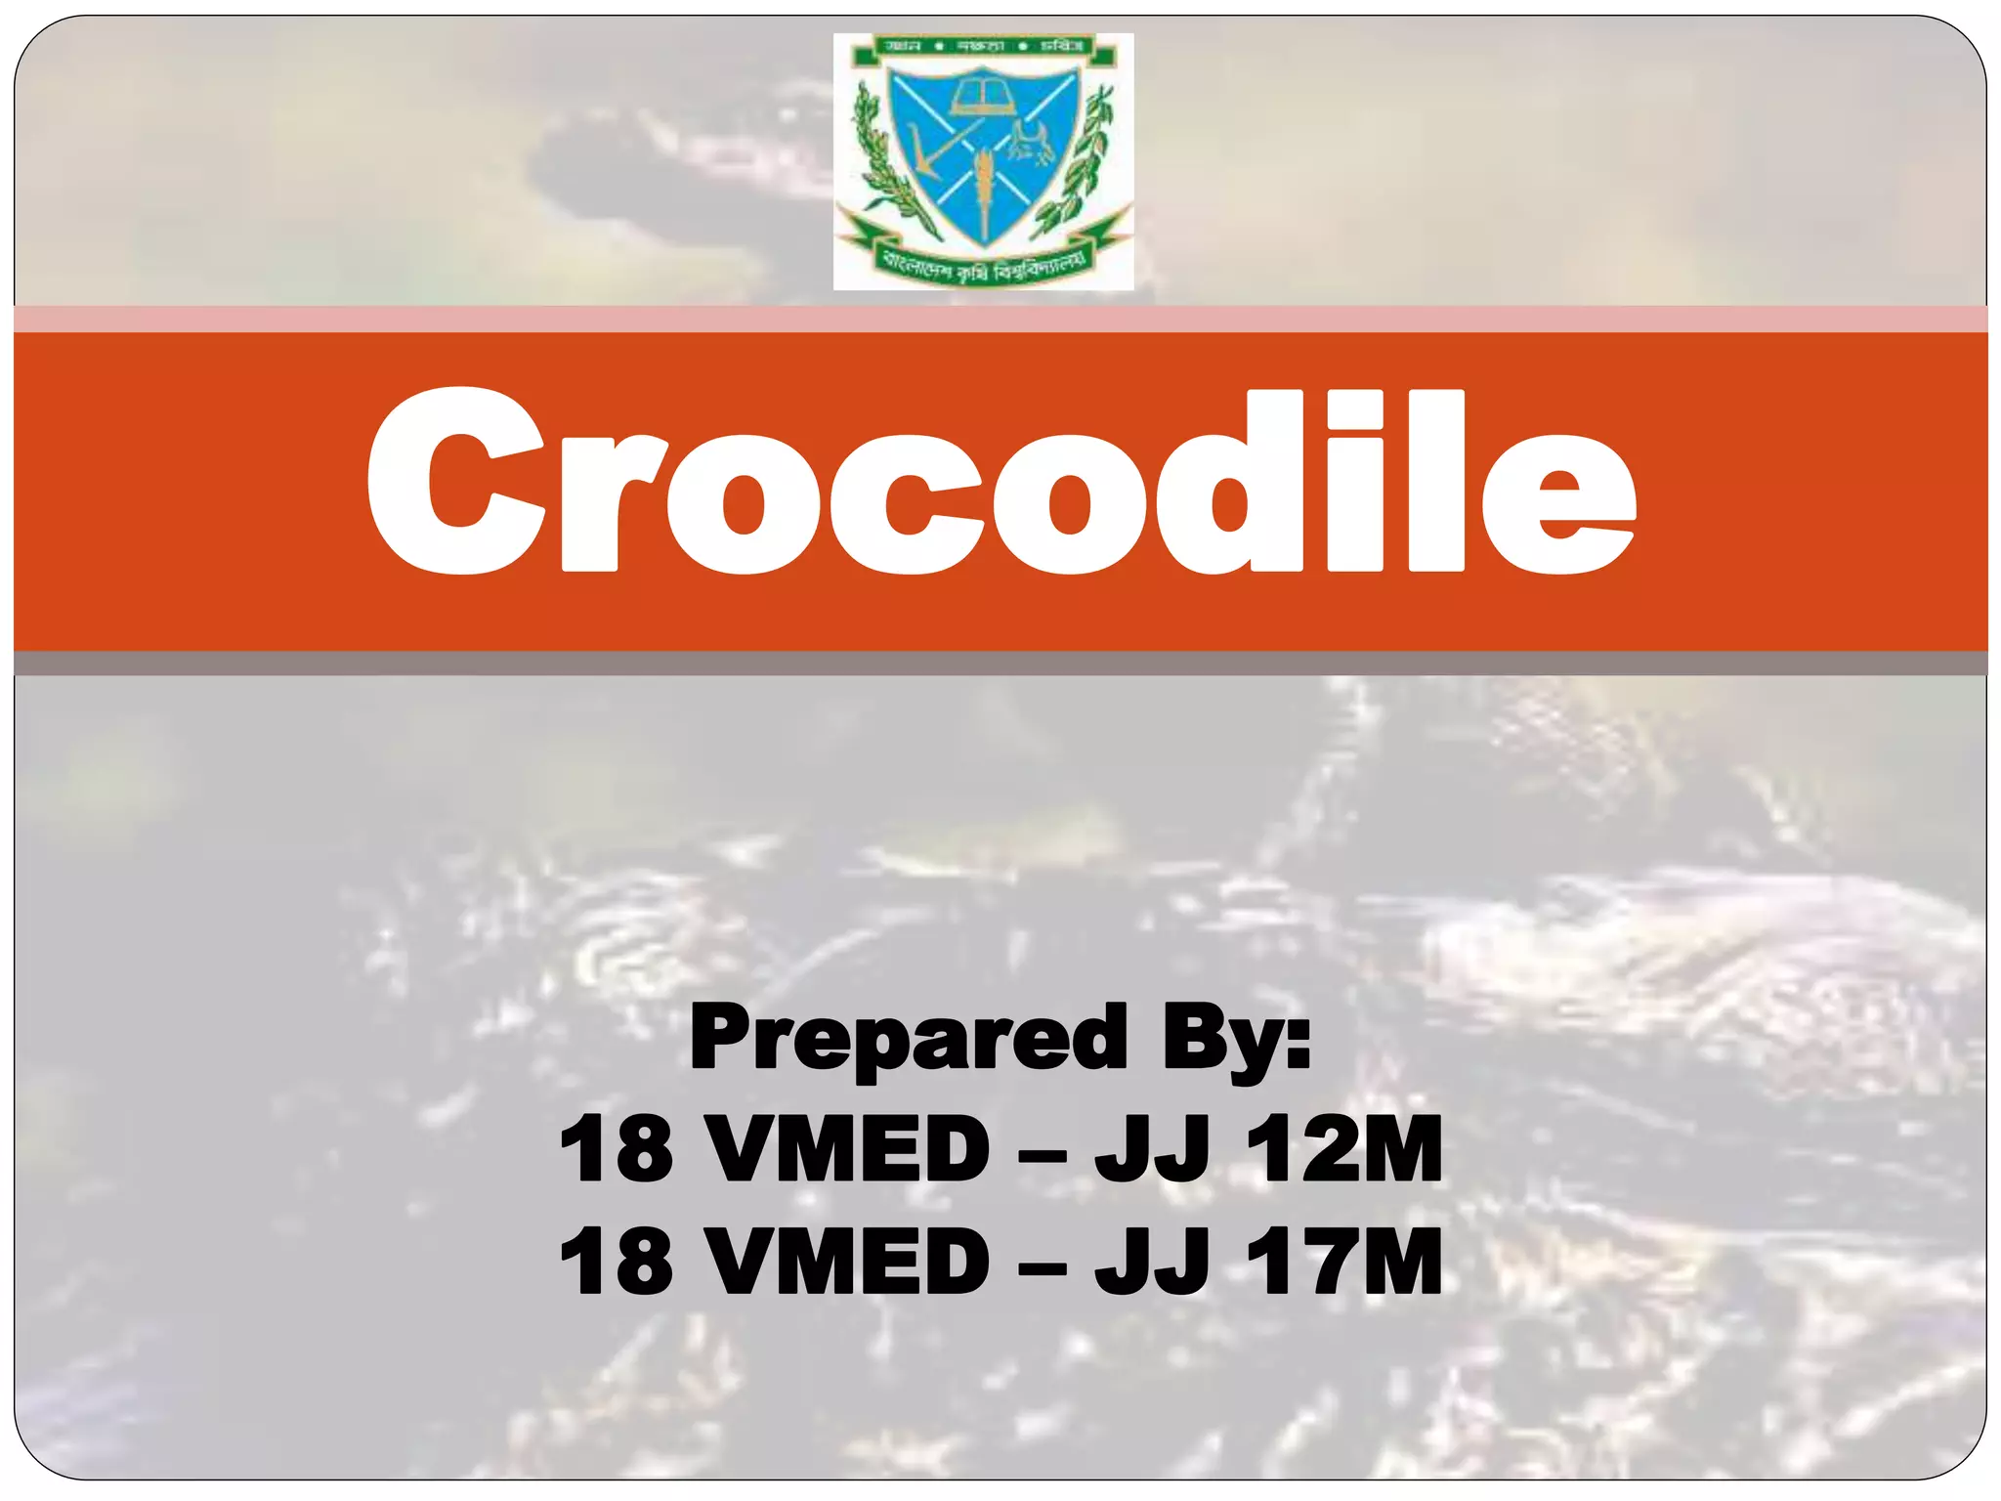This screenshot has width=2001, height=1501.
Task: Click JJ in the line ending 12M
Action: click(x=1153, y=1150)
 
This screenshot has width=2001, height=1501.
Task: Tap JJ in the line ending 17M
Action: click(x=1153, y=1262)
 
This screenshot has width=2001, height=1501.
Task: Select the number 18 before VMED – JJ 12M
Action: click(x=617, y=1150)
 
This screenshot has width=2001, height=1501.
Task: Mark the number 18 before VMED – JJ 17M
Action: click(x=617, y=1262)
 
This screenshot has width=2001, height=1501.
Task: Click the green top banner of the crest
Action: click(x=983, y=47)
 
